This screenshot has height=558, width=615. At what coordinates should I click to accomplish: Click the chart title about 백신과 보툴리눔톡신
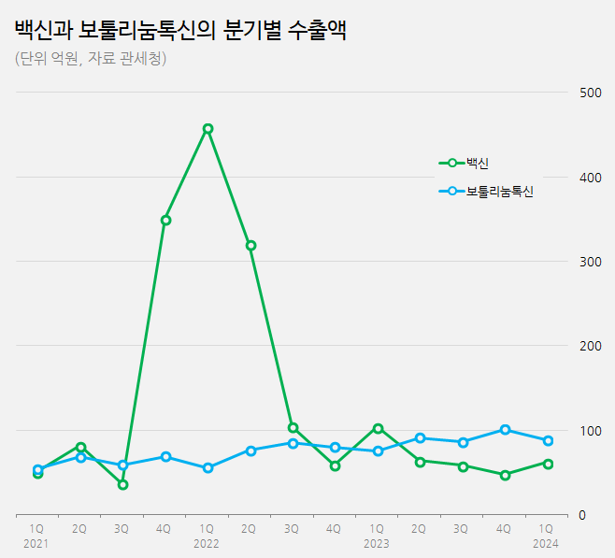(x=180, y=30)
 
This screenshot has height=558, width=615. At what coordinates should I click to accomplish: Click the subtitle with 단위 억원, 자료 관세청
(x=91, y=59)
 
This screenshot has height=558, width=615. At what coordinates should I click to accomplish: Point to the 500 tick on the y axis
(x=590, y=93)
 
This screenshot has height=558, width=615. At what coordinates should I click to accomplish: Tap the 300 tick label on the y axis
(x=590, y=262)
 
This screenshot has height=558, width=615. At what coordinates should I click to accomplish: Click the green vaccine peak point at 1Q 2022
(x=207, y=129)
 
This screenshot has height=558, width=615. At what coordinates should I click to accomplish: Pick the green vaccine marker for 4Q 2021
(x=165, y=221)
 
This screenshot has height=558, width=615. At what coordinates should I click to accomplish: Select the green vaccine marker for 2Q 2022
(x=250, y=246)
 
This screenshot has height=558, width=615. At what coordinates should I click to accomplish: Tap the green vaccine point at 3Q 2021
(x=122, y=484)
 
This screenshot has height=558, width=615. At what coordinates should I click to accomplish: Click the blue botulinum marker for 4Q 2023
(x=505, y=430)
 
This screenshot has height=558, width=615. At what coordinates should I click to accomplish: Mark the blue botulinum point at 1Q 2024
(x=548, y=440)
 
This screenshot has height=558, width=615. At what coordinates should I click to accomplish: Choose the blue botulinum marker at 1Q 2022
(x=207, y=467)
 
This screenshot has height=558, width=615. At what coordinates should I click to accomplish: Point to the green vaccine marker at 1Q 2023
(x=378, y=428)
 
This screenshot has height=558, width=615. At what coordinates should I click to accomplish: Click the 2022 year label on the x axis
(x=207, y=543)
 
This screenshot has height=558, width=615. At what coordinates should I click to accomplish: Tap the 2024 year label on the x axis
(x=545, y=543)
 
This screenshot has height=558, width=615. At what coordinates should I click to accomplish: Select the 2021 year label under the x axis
(x=36, y=543)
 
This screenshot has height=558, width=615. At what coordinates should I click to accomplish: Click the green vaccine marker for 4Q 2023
(x=505, y=475)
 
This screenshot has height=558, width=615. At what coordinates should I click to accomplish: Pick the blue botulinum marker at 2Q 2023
(x=421, y=437)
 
